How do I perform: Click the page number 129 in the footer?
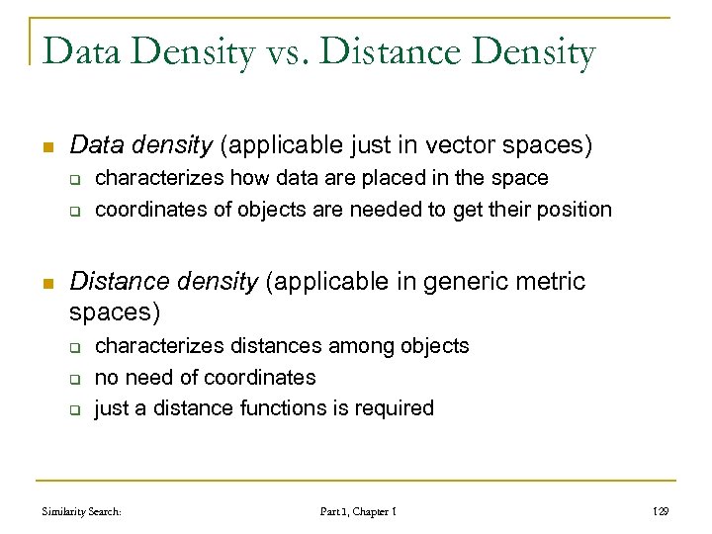click(662, 512)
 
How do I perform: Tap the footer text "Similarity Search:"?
click(82, 512)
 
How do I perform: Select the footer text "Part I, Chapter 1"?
click(359, 512)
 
